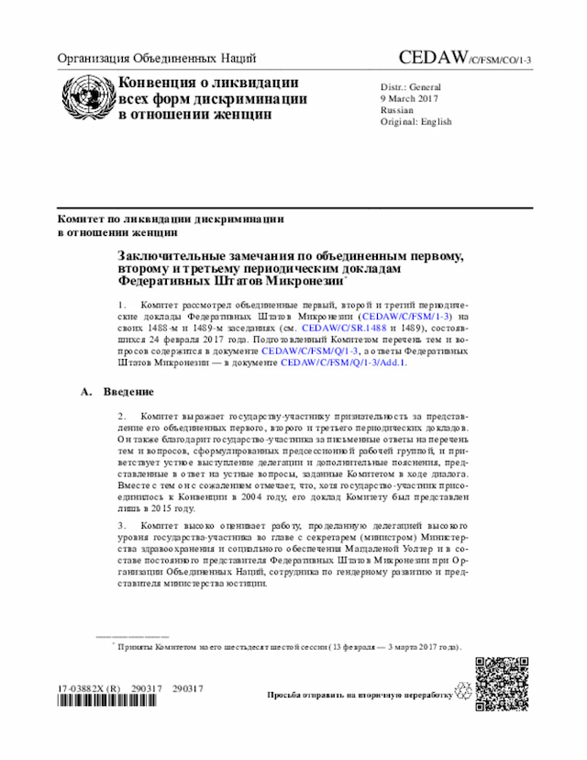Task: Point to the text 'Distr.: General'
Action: click(x=412, y=87)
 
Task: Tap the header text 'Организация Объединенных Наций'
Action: click(x=156, y=59)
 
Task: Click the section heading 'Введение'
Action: click(x=127, y=393)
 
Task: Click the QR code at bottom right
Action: click(x=502, y=684)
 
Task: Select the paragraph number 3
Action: click(x=121, y=523)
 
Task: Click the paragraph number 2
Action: click(x=121, y=416)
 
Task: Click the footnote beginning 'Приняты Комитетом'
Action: click(x=284, y=646)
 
